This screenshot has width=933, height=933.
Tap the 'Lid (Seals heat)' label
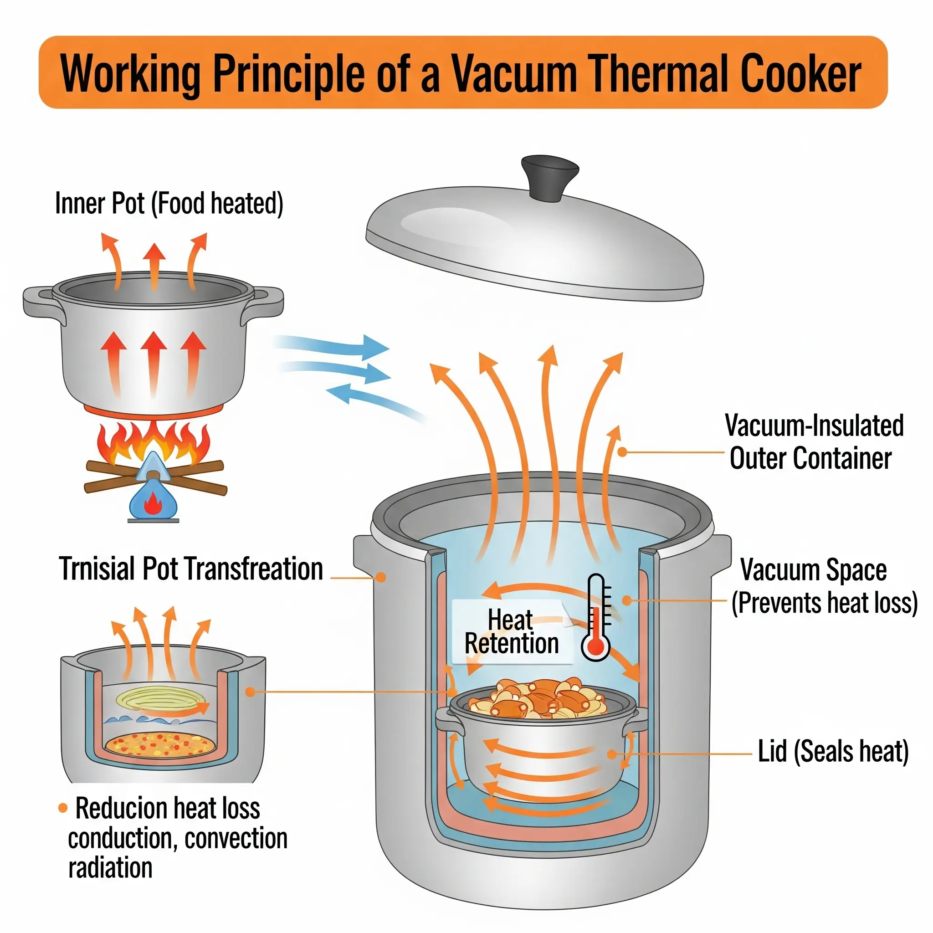(833, 751)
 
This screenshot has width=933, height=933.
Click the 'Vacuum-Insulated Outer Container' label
(813, 441)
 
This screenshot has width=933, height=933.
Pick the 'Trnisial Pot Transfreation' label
(191, 569)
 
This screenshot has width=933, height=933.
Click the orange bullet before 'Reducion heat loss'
(63, 808)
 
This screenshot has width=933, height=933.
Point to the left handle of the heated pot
(40, 299)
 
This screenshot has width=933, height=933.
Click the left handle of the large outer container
(364, 555)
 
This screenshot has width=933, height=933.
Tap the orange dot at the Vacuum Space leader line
(627, 600)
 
